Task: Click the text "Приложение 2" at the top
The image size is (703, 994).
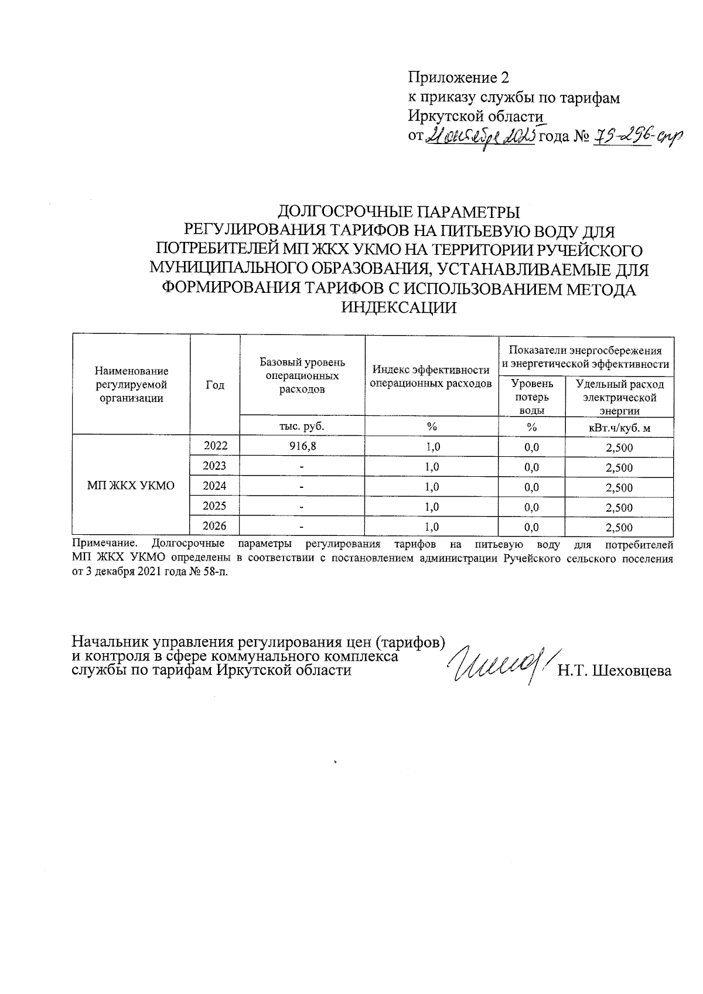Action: pos(459,78)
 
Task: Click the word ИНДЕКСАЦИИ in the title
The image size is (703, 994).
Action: pos(398,308)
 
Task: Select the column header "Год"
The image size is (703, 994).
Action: pos(215,385)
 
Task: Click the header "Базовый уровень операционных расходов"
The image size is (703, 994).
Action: pos(302,375)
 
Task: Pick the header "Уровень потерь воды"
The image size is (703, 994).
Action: pos(531,397)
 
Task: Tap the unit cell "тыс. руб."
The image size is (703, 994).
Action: pos(302,426)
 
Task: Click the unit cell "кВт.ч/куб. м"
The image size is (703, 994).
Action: pos(619,427)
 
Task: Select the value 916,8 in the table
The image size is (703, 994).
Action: pos(302,446)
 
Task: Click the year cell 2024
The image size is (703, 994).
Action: pos(214,486)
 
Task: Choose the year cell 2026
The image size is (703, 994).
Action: pos(214,525)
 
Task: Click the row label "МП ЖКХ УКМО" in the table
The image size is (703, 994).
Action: pos(131,486)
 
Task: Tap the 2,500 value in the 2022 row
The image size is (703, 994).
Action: pos(619,448)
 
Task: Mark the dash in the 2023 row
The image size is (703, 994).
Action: pos(302,467)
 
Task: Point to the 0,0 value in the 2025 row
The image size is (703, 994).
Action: pos(531,507)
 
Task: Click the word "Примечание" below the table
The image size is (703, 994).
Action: pos(103,544)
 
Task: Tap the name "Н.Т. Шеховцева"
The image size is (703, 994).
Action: pos(615,671)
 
